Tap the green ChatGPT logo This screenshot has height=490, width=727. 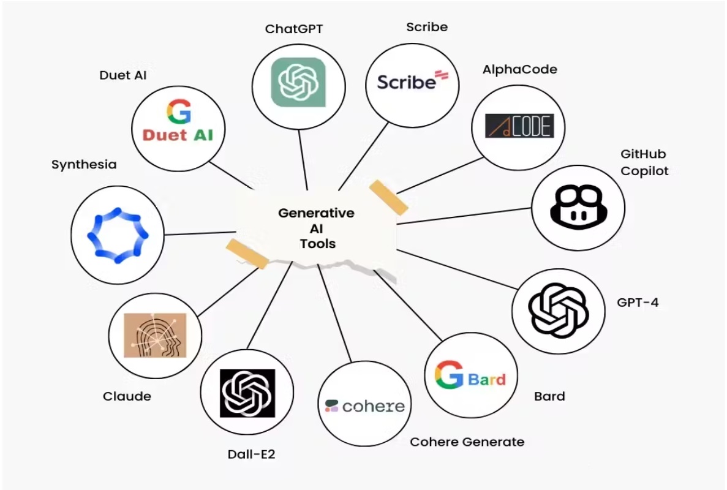(x=298, y=82)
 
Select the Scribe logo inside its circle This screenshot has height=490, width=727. (x=412, y=81)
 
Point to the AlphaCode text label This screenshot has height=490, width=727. (x=519, y=69)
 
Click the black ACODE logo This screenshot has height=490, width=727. (x=519, y=126)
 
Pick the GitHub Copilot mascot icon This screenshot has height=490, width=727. (x=578, y=207)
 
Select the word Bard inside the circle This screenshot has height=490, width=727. (x=487, y=379)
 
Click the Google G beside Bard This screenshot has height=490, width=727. (x=449, y=375)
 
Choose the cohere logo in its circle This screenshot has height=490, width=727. (x=365, y=405)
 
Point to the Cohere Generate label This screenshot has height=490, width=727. (x=467, y=442)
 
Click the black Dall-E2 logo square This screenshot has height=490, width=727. (x=247, y=393)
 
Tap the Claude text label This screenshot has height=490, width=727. (x=127, y=396)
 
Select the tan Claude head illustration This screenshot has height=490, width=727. (x=154, y=336)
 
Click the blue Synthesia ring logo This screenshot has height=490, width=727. (x=117, y=235)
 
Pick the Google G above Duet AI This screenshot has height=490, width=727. (x=178, y=112)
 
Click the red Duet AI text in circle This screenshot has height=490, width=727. (x=178, y=134)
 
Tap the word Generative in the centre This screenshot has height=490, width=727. (x=316, y=213)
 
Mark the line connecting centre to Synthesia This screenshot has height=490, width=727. (x=200, y=233)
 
